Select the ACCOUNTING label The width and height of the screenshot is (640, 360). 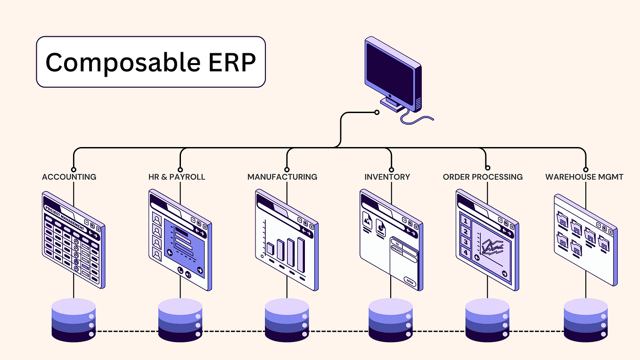click(x=69, y=177)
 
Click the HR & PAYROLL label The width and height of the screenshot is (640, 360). click(x=177, y=177)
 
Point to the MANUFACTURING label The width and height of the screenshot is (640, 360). click(x=282, y=177)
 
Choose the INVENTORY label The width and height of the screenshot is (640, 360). click(x=387, y=177)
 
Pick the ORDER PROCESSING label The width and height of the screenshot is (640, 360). click(x=483, y=177)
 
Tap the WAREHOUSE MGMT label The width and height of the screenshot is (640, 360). click(x=584, y=177)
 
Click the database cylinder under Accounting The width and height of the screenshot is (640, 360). click(x=74, y=320)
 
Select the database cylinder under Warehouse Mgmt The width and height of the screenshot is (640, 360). click(x=586, y=320)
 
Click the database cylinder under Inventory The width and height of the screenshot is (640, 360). click(x=391, y=320)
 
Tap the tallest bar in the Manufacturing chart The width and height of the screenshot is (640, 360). click(x=301, y=255)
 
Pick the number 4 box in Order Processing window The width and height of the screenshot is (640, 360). click(x=466, y=253)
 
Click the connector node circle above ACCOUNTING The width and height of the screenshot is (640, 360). click(x=74, y=169)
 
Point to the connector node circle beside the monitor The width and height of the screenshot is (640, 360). click(x=377, y=112)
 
